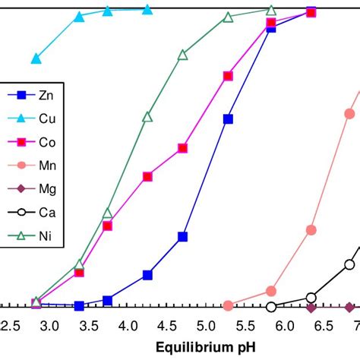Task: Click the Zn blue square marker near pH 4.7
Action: click(x=182, y=237)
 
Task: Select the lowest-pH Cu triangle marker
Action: click(x=36, y=58)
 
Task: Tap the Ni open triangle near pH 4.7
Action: click(x=182, y=55)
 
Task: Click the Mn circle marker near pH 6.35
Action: click(x=311, y=229)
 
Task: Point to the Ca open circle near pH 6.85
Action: click(x=349, y=264)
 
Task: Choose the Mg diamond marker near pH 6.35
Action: click(x=311, y=307)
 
